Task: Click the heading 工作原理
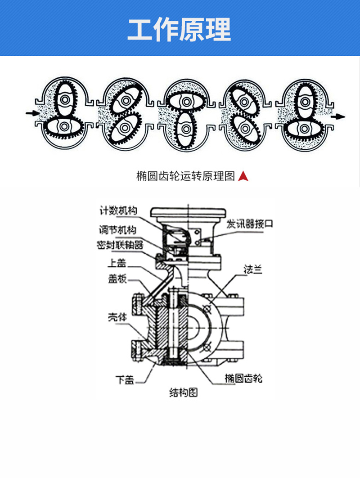(x=180, y=29)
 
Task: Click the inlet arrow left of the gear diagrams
(x=32, y=113)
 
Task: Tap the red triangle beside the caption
(x=243, y=176)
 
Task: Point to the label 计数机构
(x=118, y=210)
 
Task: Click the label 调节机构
(x=117, y=229)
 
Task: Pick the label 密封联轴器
(x=120, y=245)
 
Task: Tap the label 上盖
(x=117, y=263)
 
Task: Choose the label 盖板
(x=117, y=279)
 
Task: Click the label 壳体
(x=117, y=317)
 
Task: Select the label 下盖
(x=125, y=380)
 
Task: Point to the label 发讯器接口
(x=249, y=224)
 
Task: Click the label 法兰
(x=253, y=269)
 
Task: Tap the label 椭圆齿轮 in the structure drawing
(x=243, y=378)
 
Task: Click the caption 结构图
(x=183, y=393)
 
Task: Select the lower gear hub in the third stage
(x=186, y=129)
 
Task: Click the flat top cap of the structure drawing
(x=188, y=211)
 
